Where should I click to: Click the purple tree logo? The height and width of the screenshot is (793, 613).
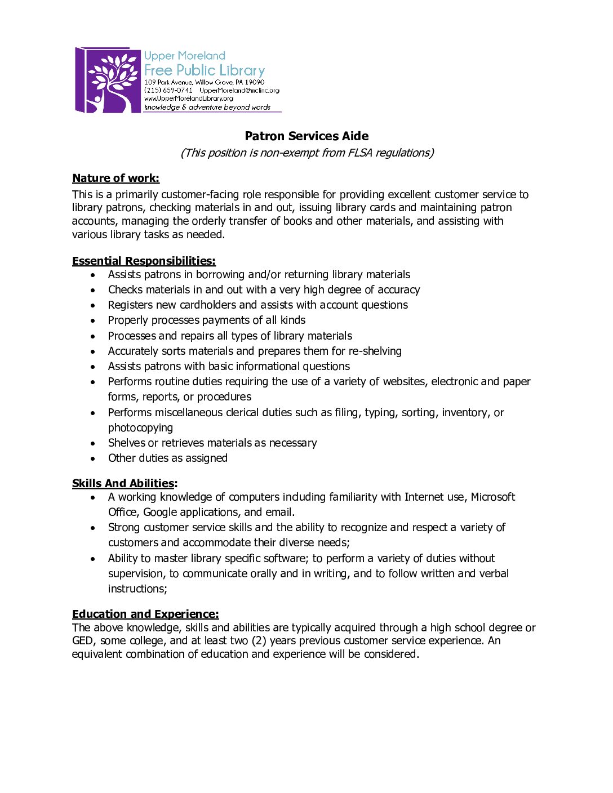pyautogui.click(x=108, y=80)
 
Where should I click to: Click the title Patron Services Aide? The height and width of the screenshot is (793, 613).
pyautogui.click(x=306, y=136)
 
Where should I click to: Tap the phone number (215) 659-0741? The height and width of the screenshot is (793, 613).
pyautogui.click(x=168, y=90)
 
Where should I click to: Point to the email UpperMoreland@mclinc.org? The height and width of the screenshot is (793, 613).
pyautogui.click(x=239, y=90)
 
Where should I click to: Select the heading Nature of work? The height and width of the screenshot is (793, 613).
pyautogui.click(x=116, y=178)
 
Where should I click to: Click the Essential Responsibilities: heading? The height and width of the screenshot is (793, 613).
pyautogui.click(x=144, y=261)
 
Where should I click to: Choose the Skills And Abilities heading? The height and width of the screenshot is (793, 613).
pyautogui.click(x=123, y=483)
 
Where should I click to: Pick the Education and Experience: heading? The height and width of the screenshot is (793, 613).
pyautogui.click(x=145, y=614)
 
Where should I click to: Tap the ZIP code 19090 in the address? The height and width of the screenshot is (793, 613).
pyautogui.click(x=254, y=82)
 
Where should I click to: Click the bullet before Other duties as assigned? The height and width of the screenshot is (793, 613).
pyautogui.click(x=93, y=458)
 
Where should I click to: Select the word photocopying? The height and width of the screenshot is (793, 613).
pyautogui.click(x=140, y=427)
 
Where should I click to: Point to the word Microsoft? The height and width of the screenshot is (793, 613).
pyautogui.click(x=493, y=497)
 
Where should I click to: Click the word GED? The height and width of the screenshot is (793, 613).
pyautogui.click(x=82, y=640)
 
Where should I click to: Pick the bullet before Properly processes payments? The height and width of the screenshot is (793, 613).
pyautogui.click(x=93, y=320)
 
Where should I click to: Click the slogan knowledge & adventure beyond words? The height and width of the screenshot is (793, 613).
pyautogui.click(x=207, y=107)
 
